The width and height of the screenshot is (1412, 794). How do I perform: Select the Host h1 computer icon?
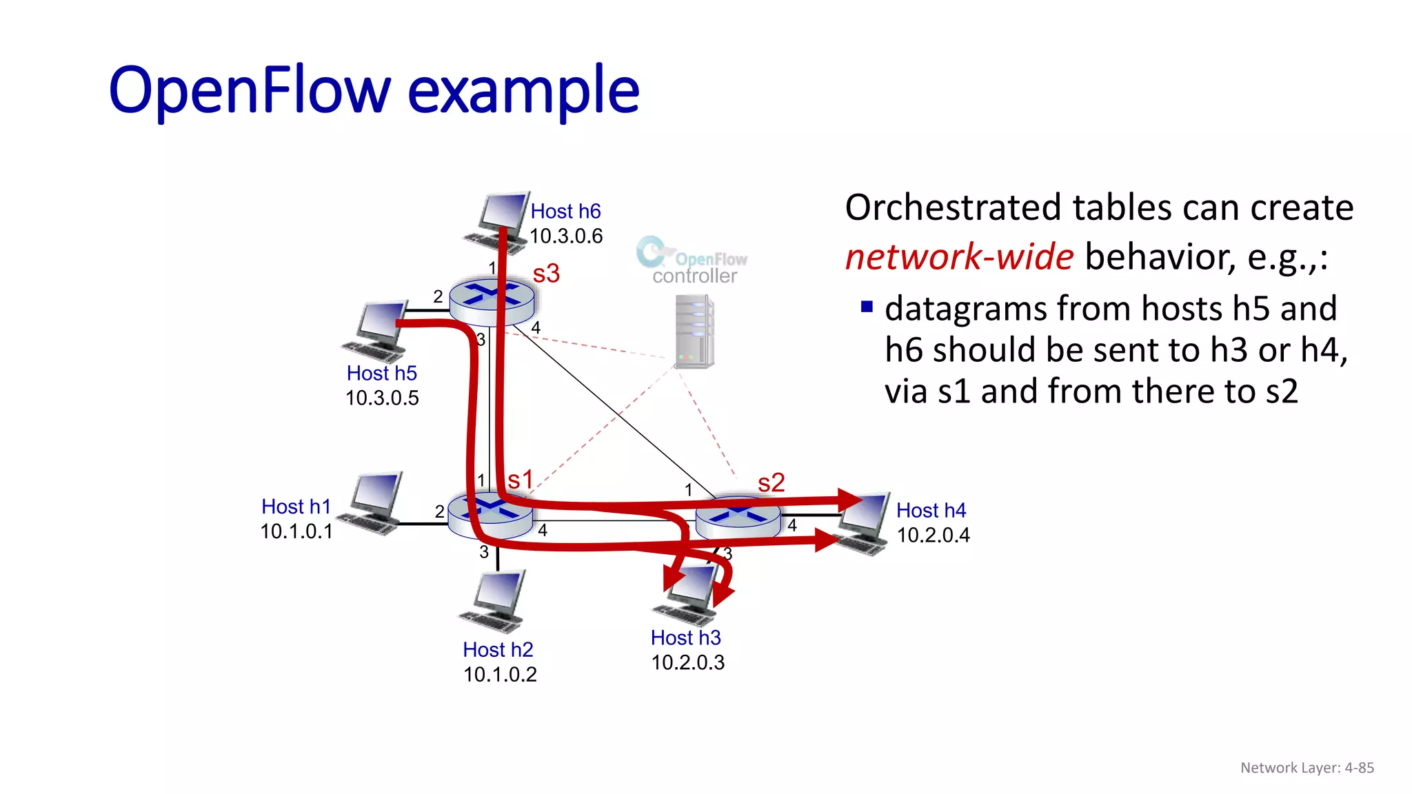[x=373, y=503]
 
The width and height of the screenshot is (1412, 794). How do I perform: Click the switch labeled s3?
[x=492, y=301]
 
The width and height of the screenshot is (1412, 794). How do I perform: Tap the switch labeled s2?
[x=738, y=517]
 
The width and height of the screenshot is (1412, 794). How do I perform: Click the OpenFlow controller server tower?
[x=694, y=332]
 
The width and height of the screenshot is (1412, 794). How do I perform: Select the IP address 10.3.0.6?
[x=566, y=236]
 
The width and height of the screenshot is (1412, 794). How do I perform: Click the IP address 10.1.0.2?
[x=500, y=675]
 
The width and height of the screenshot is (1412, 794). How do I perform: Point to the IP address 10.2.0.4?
[x=933, y=536]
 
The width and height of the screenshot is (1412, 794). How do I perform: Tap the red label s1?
[x=521, y=480]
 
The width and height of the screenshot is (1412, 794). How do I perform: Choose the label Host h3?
[x=685, y=638]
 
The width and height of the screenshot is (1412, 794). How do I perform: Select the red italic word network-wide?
[x=959, y=257]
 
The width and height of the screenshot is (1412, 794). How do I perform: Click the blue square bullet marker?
[x=867, y=307]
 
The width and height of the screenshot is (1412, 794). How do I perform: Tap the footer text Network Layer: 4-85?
[x=1307, y=768]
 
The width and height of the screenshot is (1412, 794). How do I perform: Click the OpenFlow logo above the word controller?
[x=691, y=254]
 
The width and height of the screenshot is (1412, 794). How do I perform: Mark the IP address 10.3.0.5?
[x=382, y=398]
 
